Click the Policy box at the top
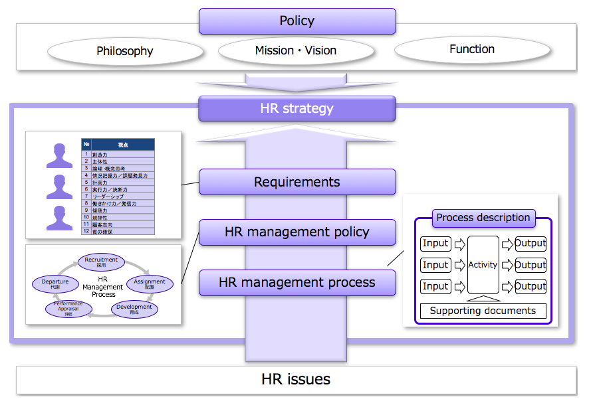click(297, 21)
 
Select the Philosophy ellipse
click(125, 51)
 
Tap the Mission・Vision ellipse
click(296, 50)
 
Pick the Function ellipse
click(472, 49)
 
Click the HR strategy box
click(297, 108)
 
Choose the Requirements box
click(297, 182)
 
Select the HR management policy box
click(297, 232)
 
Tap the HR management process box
click(297, 283)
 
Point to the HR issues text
click(296, 380)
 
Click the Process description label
click(483, 218)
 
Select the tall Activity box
click(483, 264)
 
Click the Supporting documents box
click(483, 311)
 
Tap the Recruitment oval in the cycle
click(101, 262)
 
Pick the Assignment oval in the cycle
click(150, 283)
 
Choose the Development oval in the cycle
click(134, 309)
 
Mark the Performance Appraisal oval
click(69, 308)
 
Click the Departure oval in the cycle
click(55, 283)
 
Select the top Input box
click(435, 244)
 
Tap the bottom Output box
click(530, 286)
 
